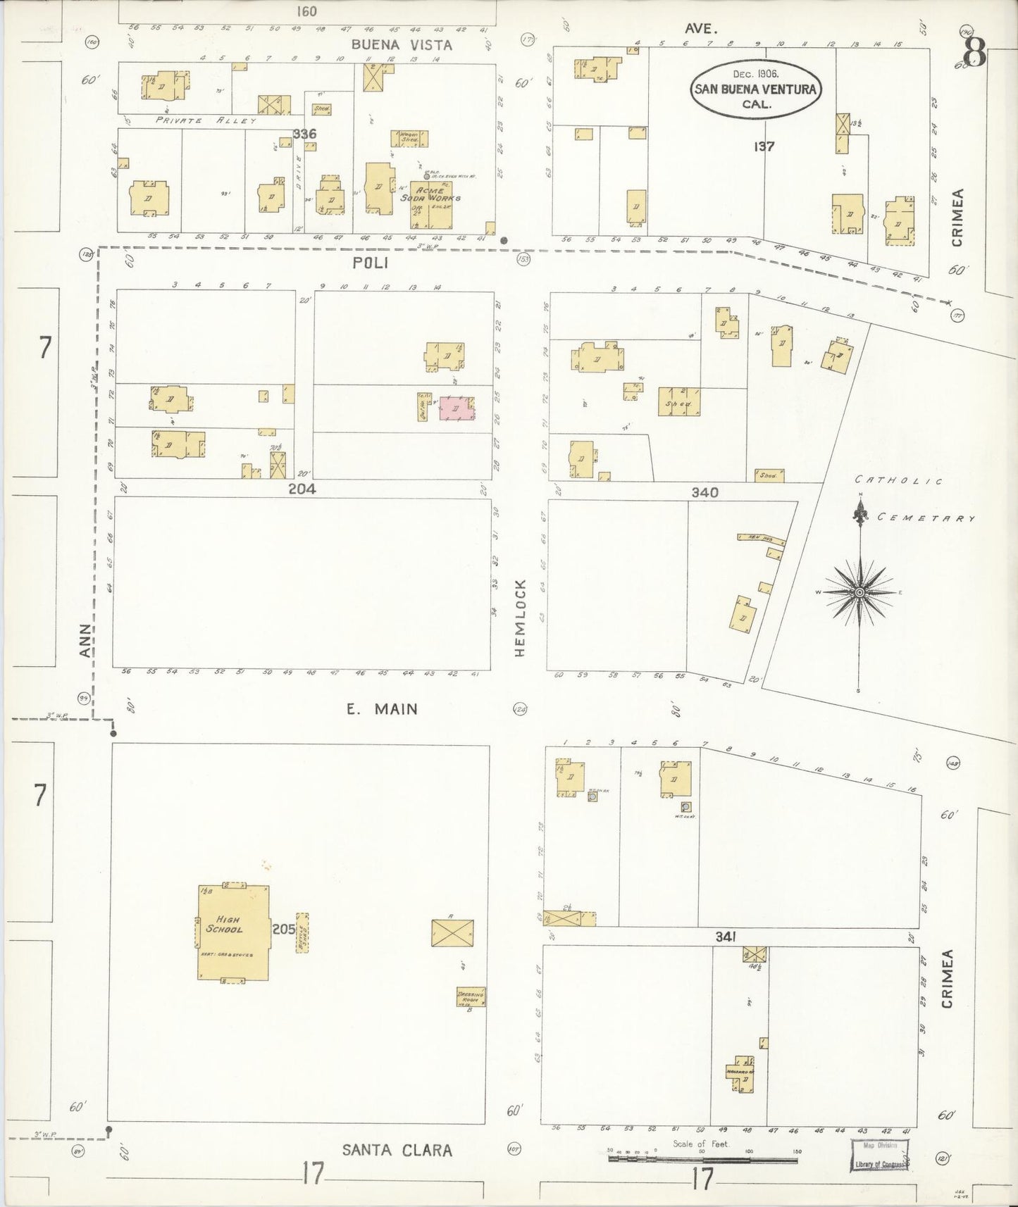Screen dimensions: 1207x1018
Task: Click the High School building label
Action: (224, 924)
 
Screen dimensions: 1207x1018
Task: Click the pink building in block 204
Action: (457, 409)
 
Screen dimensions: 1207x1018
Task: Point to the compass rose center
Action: (859, 593)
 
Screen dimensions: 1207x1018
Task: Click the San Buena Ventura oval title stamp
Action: (755, 89)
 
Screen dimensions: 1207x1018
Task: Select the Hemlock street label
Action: (521, 618)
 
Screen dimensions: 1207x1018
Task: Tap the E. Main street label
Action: (382, 709)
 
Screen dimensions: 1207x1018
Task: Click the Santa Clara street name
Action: (397, 1150)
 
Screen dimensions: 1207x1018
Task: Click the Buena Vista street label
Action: (402, 44)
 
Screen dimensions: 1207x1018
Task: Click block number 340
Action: (704, 492)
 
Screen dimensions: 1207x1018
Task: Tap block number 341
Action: (726, 936)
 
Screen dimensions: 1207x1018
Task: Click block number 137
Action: (764, 146)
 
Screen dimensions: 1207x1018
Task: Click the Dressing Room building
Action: (470, 997)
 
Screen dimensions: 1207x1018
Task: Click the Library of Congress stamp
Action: (879, 1154)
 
